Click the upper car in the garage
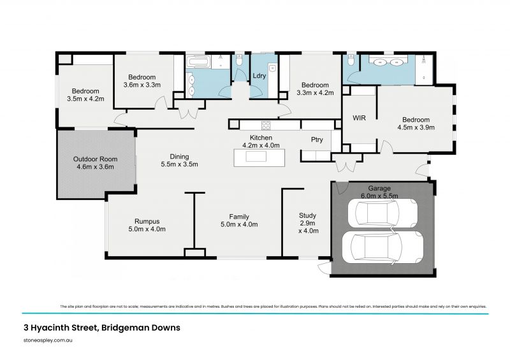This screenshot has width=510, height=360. tap(380, 213)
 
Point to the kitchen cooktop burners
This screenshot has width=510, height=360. tap(265, 125)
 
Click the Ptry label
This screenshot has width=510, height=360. tap(316, 139)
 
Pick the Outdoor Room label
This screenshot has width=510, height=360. tap(94, 159)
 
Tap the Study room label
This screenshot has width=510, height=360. tap(307, 215)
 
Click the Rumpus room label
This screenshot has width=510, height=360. tap(147, 222)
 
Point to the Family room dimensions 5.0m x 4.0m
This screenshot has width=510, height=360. tap(239, 224)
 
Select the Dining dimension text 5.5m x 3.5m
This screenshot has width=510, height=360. tap(178, 164)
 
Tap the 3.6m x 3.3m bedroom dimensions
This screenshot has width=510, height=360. tap(142, 85)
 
